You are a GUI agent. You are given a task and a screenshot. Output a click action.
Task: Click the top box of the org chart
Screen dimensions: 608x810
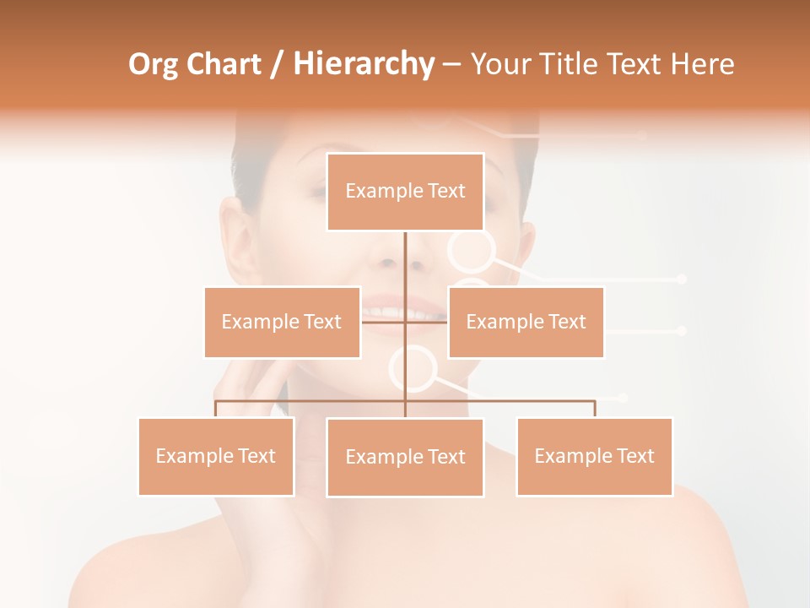405,192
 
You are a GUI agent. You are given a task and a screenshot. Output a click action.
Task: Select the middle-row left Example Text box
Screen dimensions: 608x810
282,322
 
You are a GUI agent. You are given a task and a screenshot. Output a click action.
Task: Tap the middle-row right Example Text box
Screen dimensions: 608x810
526,322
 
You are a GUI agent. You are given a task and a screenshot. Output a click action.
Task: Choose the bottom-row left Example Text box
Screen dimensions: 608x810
216,456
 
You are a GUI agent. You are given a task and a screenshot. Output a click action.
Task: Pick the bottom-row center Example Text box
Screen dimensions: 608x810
405,457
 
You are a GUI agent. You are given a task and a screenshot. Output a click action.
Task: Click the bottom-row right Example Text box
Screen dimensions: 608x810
594,456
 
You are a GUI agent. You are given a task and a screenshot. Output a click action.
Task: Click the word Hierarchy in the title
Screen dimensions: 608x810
364,64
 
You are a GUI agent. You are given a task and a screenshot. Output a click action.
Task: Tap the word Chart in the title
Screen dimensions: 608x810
223,64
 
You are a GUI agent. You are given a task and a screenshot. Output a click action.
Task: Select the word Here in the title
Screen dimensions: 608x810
702,64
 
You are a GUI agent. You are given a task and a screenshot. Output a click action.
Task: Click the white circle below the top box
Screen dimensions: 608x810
471,250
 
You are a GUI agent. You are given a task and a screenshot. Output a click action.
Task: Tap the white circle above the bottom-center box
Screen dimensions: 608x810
413,369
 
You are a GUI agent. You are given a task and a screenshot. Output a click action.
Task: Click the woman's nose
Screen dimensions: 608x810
387,258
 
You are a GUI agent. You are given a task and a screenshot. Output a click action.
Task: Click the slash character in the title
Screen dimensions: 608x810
277,64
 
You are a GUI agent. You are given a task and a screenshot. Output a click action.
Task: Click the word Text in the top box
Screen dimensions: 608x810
445,192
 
